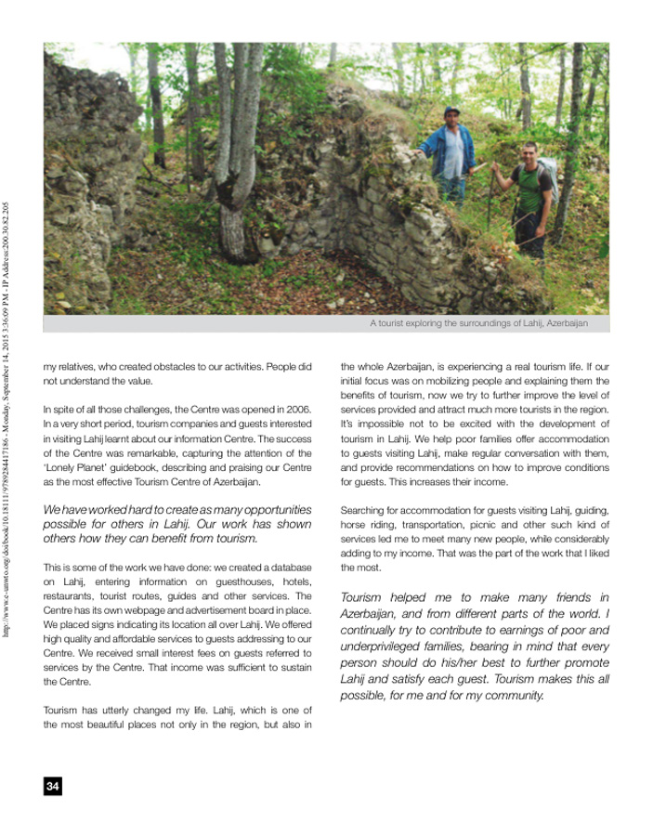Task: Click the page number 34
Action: click(x=52, y=787)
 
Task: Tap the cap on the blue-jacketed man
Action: click(x=451, y=111)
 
